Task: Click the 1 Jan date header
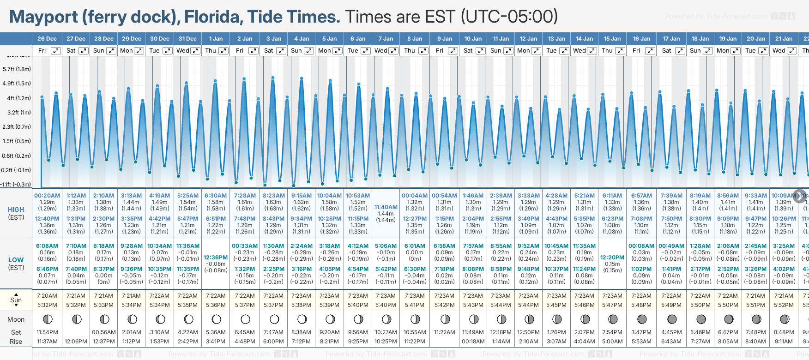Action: (x=216, y=39)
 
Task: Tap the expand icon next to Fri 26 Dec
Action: (x=55, y=51)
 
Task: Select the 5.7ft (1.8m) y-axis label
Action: (x=17, y=69)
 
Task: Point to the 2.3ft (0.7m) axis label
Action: (x=17, y=127)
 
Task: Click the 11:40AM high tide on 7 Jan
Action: (x=386, y=207)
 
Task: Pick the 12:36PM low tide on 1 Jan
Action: (x=216, y=258)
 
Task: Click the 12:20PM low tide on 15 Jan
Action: (x=612, y=258)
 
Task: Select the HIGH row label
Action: (x=16, y=210)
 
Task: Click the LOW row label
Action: (x=16, y=260)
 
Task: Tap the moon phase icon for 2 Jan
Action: (x=245, y=319)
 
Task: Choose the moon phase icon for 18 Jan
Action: (x=700, y=319)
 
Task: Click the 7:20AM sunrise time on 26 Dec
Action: (x=47, y=296)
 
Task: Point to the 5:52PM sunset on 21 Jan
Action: (x=784, y=305)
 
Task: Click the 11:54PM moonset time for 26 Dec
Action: (x=47, y=332)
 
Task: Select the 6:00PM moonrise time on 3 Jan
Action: (x=273, y=342)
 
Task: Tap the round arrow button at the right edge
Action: (x=800, y=196)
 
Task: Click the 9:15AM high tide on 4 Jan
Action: (x=302, y=196)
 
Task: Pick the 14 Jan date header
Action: (x=585, y=39)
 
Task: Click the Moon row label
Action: (x=16, y=319)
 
